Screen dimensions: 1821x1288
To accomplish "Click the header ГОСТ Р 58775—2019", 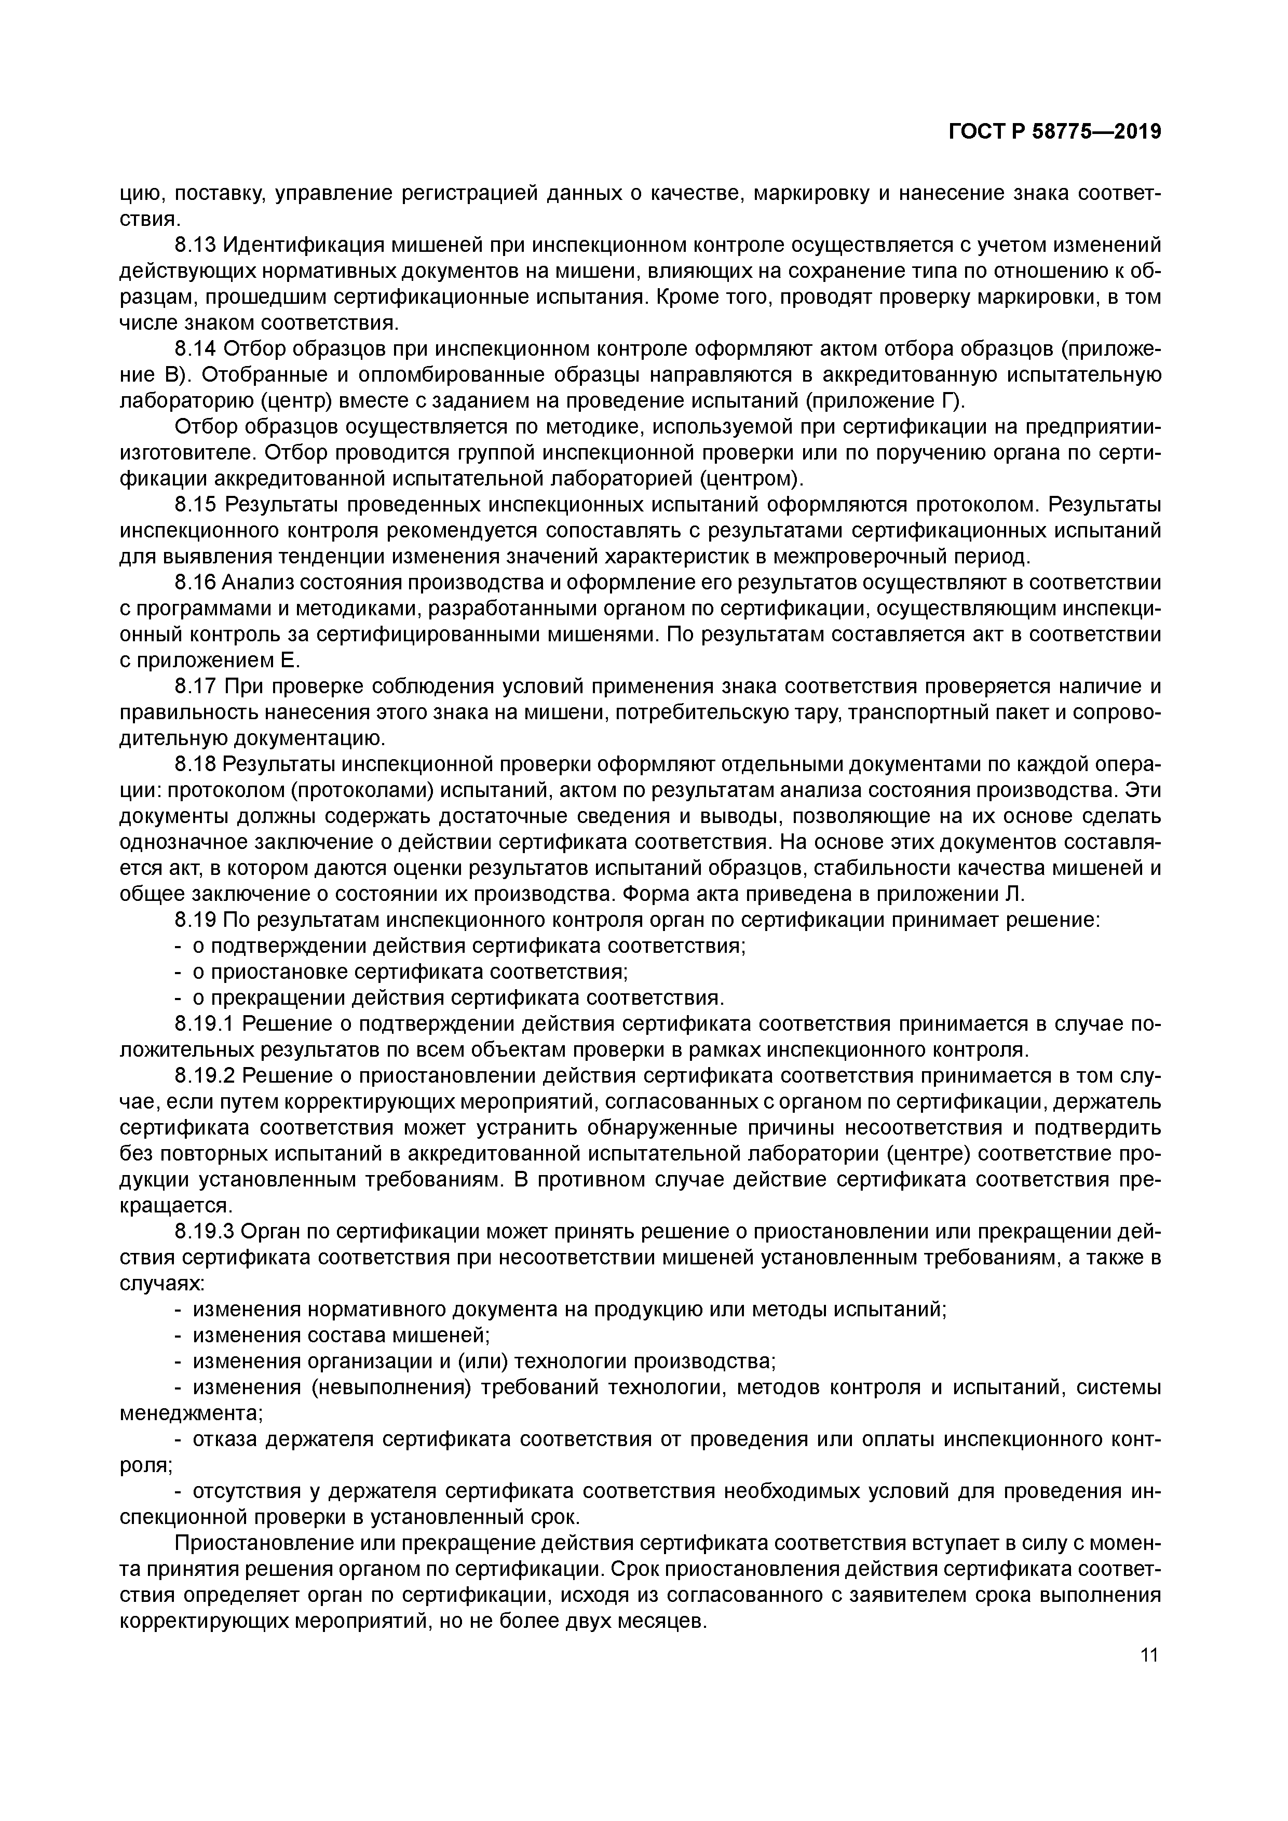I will point(1055,132).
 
